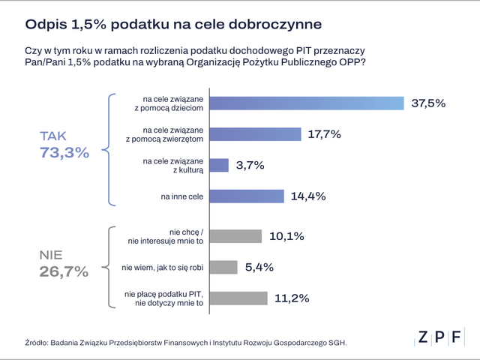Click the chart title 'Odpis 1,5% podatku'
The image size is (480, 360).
173,24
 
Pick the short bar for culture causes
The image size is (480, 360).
218,165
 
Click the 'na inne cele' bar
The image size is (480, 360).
246,196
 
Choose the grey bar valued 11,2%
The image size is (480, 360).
238,298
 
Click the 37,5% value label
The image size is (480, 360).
428,103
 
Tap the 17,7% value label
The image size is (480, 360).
325,134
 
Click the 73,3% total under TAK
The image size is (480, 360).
64,153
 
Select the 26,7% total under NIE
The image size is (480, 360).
64,272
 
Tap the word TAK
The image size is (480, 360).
53,136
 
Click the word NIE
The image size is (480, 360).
52,255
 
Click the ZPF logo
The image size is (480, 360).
440,337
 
